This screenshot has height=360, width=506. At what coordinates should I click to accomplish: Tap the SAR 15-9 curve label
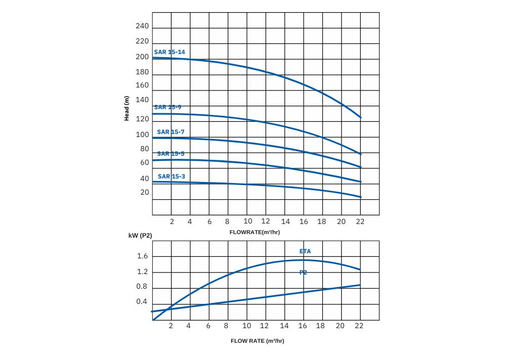[x=167, y=107]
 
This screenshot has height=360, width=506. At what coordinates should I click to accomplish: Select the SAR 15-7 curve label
[x=171, y=132]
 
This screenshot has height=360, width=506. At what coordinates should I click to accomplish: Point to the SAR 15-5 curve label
[x=171, y=154]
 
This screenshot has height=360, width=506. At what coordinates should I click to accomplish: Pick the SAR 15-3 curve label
[x=172, y=176]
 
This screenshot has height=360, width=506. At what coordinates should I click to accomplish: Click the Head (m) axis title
[x=127, y=109]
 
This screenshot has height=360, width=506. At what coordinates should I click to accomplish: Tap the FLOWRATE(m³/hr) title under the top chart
[x=255, y=232]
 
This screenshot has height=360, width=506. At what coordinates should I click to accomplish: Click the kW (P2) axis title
[x=140, y=236]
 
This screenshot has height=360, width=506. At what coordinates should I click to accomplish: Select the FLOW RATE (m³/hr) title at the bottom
[x=258, y=341]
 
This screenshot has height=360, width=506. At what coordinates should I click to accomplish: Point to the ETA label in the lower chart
[x=305, y=251]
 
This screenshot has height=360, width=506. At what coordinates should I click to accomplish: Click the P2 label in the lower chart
[x=303, y=273]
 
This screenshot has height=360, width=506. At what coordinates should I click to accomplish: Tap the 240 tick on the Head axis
[x=142, y=26]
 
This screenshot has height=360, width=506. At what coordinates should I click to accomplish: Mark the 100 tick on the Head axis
[x=142, y=134]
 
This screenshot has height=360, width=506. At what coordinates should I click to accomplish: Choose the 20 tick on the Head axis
[x=145, y=192]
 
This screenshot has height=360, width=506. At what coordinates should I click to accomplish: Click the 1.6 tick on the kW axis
[x=142, y=256]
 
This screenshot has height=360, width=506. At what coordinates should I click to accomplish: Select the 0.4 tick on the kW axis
[x=142, y=302]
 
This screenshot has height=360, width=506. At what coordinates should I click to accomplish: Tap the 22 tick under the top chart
[x=360, y=221]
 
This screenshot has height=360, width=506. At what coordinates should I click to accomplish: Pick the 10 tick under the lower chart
[x=247, y=326]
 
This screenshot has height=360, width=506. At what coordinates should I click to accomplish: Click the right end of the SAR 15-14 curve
[x=360, y=117]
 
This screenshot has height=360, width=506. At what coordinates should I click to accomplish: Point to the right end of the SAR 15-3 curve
[x=360, y=197]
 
